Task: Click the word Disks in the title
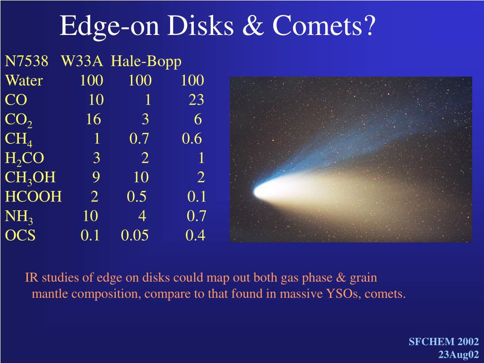200,26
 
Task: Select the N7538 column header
26,61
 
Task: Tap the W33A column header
82,61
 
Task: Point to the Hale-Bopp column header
146,62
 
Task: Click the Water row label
24,80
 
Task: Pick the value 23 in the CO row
196,100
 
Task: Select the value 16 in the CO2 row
93,119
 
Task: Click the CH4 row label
18,139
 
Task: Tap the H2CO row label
25,159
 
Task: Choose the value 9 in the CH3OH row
96,177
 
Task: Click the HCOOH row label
34,197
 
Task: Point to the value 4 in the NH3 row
142,216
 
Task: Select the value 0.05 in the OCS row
135,235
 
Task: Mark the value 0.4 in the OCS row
195,235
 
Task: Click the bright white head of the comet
262,191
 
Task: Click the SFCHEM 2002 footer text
444,342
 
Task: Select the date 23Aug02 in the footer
458,354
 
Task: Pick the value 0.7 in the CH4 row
139,138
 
